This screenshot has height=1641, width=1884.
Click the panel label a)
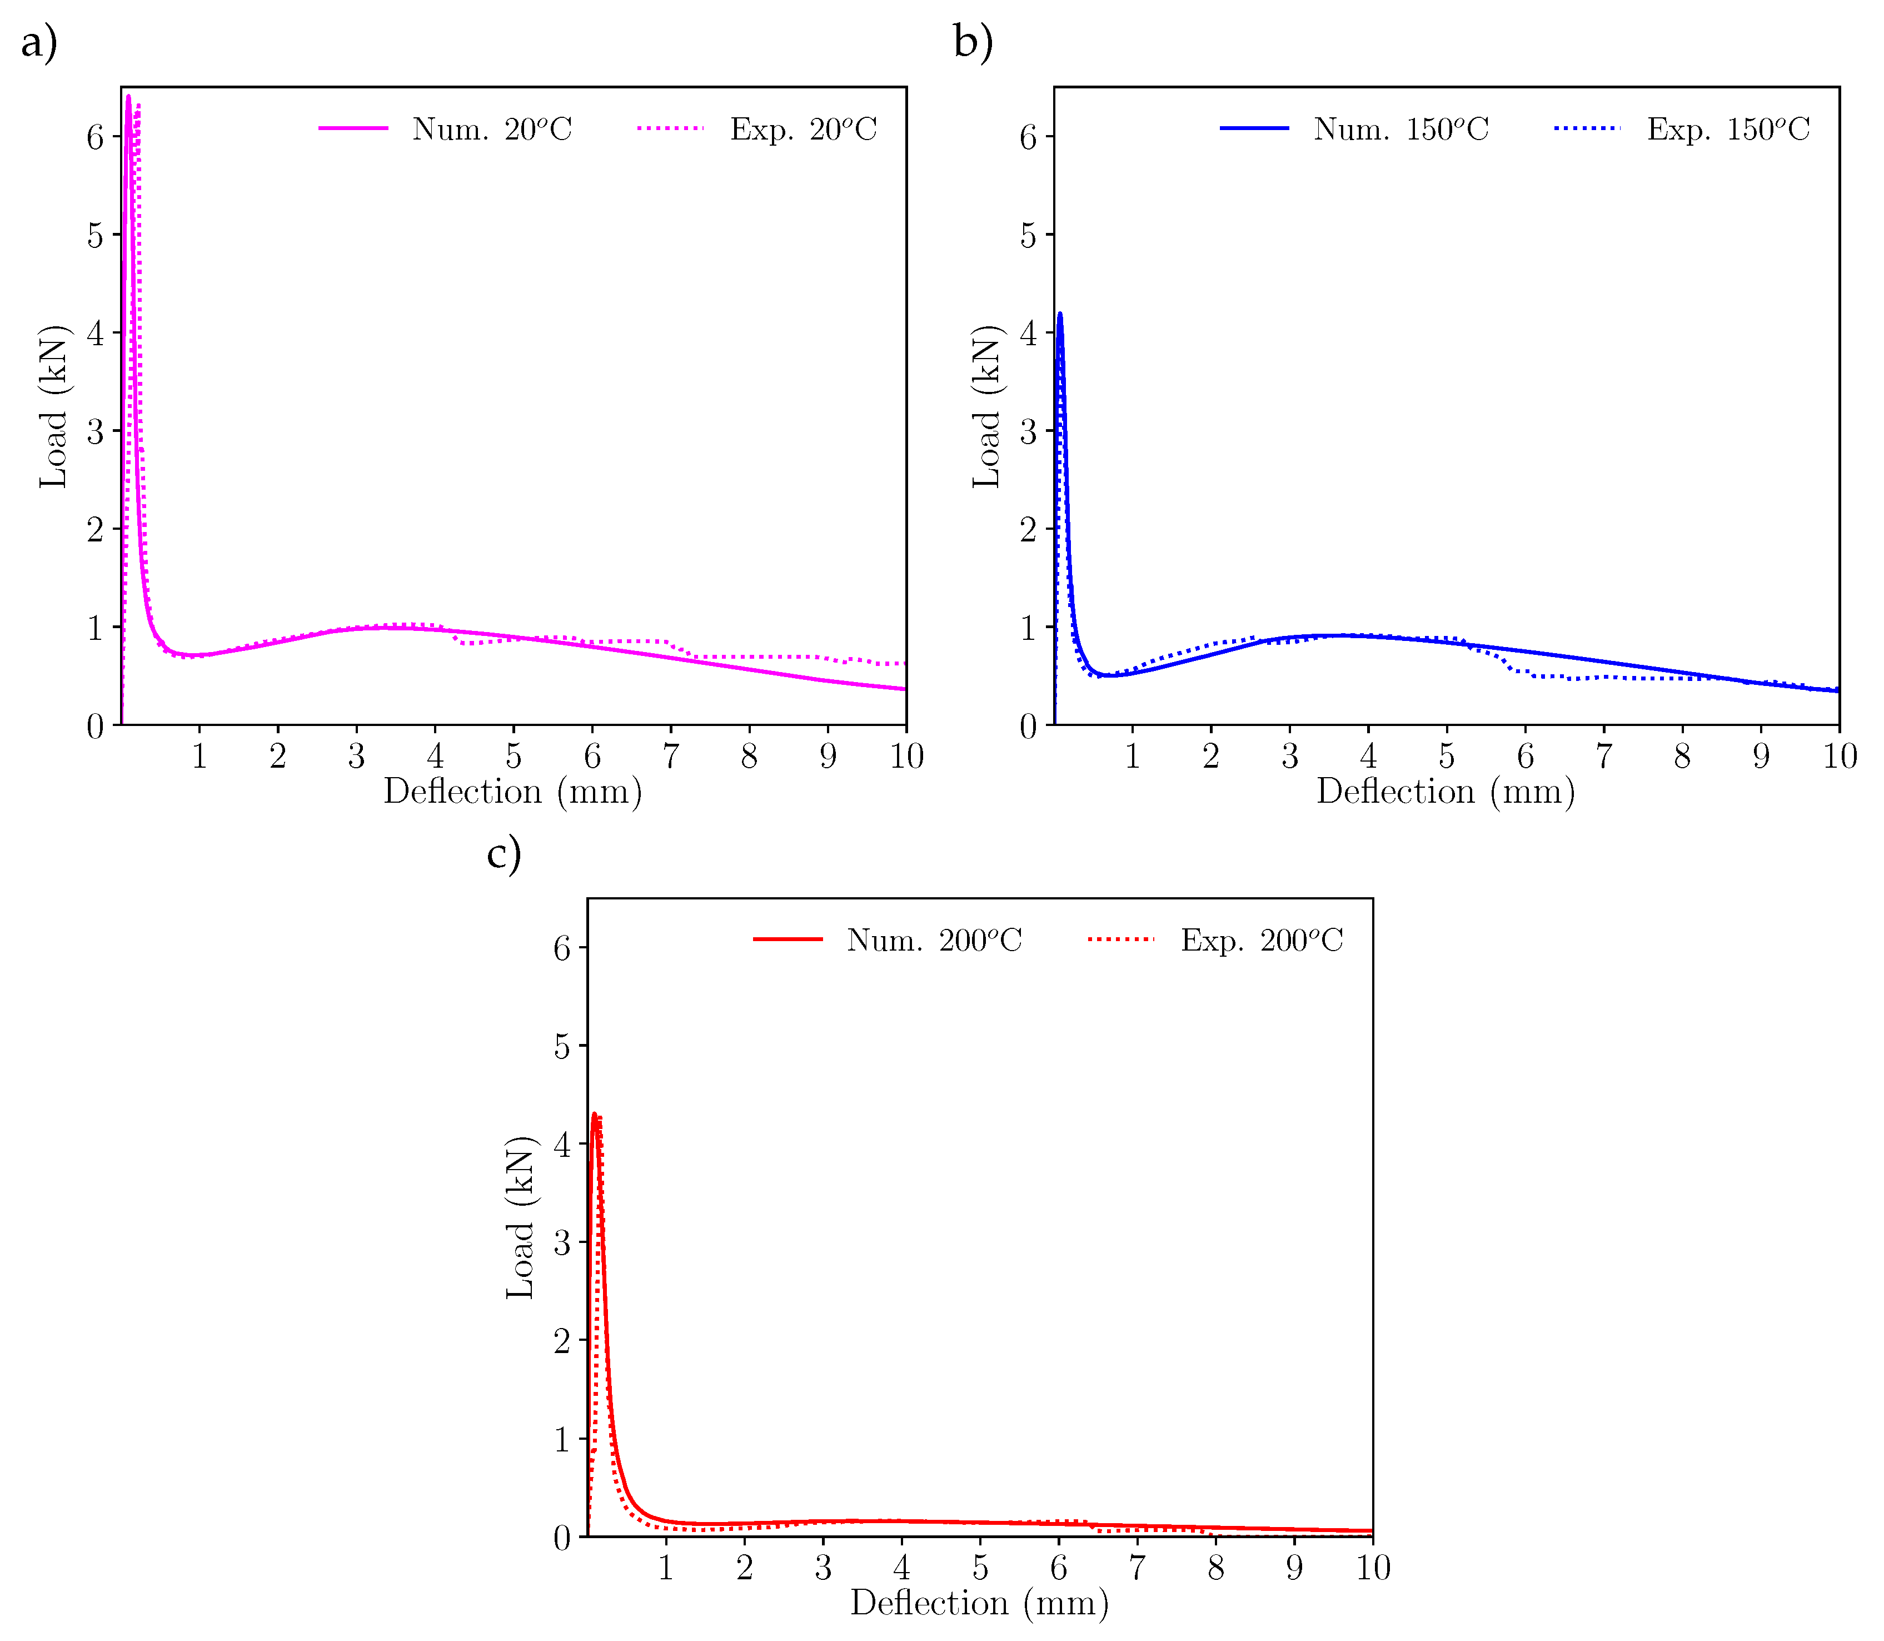coord(38,43)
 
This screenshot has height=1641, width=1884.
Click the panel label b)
coord(972,43)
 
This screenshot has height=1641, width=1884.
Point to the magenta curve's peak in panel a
coord(128,96)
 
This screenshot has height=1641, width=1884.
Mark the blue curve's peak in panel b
coord(1060,314)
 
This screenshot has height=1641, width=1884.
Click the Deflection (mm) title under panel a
coord(512,791)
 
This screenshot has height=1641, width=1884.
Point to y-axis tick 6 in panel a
coord(95,137)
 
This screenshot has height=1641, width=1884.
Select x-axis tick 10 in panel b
coord(1839,757)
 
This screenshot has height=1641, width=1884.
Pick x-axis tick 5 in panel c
coord(980,1568)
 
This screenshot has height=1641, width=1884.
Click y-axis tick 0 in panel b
coord(1028,726)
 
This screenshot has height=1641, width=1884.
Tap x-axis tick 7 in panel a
coord(671,757)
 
